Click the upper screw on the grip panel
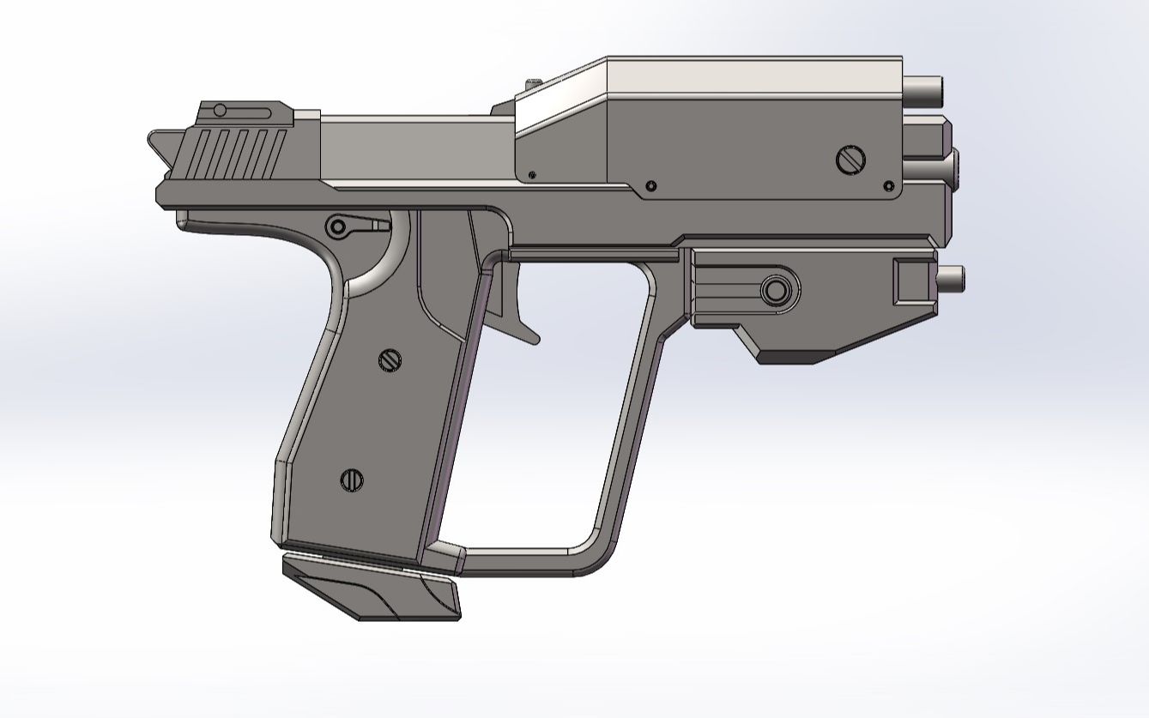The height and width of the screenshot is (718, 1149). (390, 360)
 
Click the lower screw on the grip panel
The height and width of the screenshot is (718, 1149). (352, 480)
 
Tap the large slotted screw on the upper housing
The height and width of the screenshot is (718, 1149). (850, 159)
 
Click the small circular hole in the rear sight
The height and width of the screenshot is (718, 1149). (220, 110)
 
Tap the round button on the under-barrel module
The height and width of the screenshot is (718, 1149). (776, 290)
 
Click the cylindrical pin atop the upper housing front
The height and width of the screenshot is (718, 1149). (923, 87)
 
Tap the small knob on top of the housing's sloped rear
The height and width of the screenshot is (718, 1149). (534, 81)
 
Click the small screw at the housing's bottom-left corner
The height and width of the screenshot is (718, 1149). (534, 175)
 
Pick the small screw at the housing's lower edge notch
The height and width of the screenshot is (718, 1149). (650, 185)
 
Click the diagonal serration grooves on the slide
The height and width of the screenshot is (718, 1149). (236, 154)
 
